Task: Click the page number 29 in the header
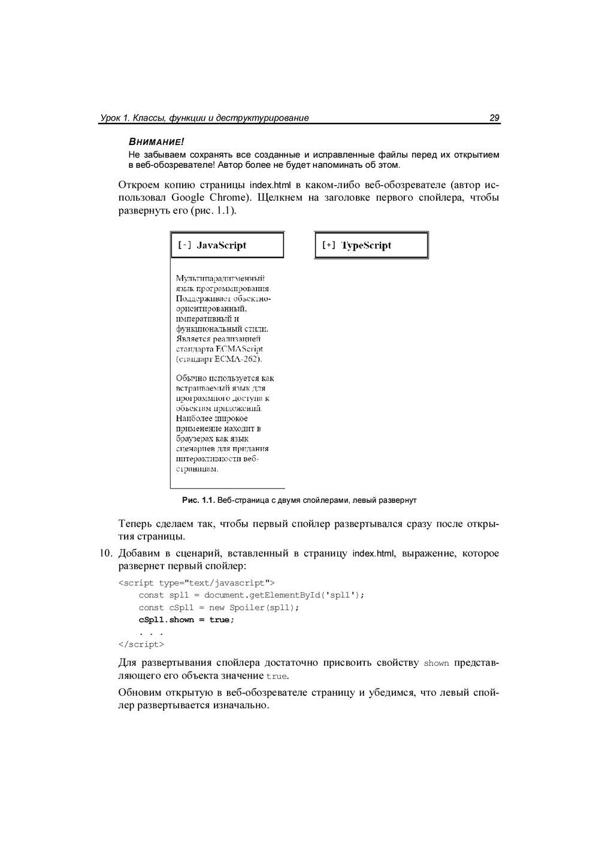coord(494,118)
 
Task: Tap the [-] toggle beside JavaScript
coord(184,245)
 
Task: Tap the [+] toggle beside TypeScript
coord(329,245)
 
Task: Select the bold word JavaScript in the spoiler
coord(221,245)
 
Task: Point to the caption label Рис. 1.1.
coord(198,500)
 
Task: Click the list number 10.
coord(107,553)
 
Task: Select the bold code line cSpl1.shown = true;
coord(186,620)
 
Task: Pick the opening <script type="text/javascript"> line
coord(196,583)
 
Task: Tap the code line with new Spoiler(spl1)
coord(218,607)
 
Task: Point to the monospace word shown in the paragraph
coord(436,663)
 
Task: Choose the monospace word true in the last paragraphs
coord(276,677)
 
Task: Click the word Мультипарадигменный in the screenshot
coord(220,278)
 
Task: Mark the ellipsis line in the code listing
coord(151,632)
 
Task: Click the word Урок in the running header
coord(110,118)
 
